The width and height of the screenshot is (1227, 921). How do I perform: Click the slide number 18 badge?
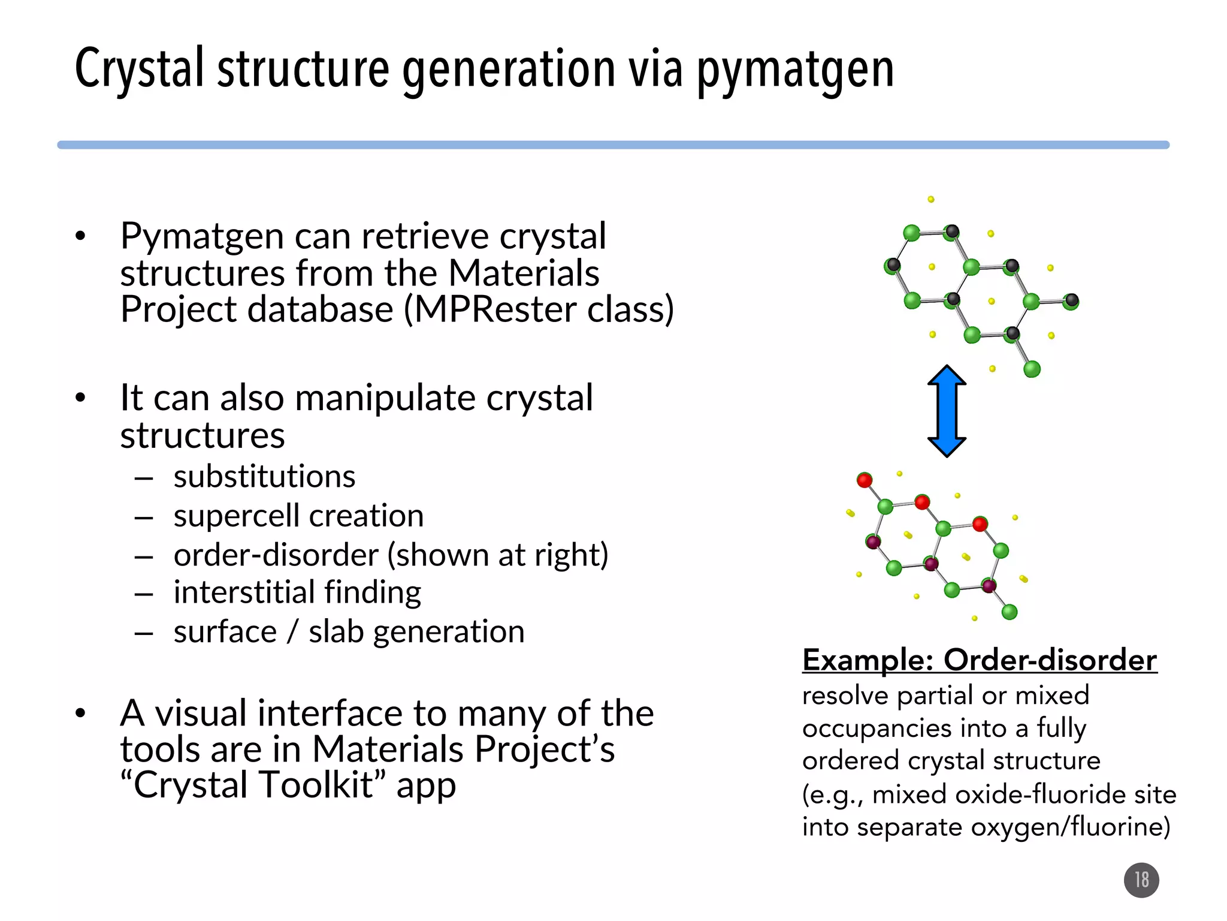[x=1141, y=880]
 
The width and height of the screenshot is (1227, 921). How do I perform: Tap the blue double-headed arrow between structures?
[x=947, y=411]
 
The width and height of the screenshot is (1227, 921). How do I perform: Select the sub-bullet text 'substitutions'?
[x=264, y=477]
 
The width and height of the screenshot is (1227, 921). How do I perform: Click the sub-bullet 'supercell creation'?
[x=298, y=516]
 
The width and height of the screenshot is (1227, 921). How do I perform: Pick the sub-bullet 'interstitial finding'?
[x=297, y=592]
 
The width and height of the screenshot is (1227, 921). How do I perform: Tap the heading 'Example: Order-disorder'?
[x=980, y=660]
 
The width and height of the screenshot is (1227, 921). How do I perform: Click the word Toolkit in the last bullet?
[x=317, y=785]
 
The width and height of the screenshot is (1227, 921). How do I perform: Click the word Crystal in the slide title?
[x=140, y=68]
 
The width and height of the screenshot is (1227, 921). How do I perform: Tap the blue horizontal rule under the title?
[x=613, y=145]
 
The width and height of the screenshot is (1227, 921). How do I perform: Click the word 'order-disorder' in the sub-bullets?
[x=276, y=555]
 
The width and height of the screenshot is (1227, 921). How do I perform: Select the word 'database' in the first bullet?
[x=320, y=309]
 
